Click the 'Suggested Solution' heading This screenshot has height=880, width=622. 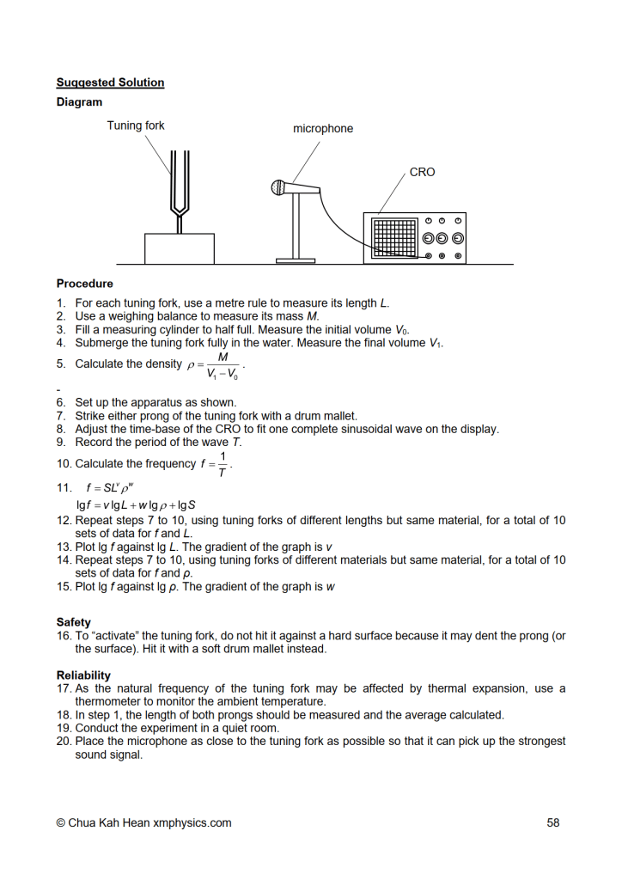tap(110, 82)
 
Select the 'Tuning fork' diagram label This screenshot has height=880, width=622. tap(136, 125)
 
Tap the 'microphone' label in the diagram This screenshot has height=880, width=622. tap(323, 129)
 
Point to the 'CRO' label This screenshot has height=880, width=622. tap(422, 172)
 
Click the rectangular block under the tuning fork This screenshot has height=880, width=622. tap(180, 248)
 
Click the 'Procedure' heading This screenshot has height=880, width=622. tap(85, 283)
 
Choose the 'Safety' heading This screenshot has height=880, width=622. tap(74, 622)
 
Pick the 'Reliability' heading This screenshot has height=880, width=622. tap(83, 675)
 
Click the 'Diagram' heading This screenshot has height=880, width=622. tap(79, 102)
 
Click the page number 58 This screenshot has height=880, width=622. tap(553, 822)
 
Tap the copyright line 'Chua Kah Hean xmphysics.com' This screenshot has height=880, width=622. tap(143, 822)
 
